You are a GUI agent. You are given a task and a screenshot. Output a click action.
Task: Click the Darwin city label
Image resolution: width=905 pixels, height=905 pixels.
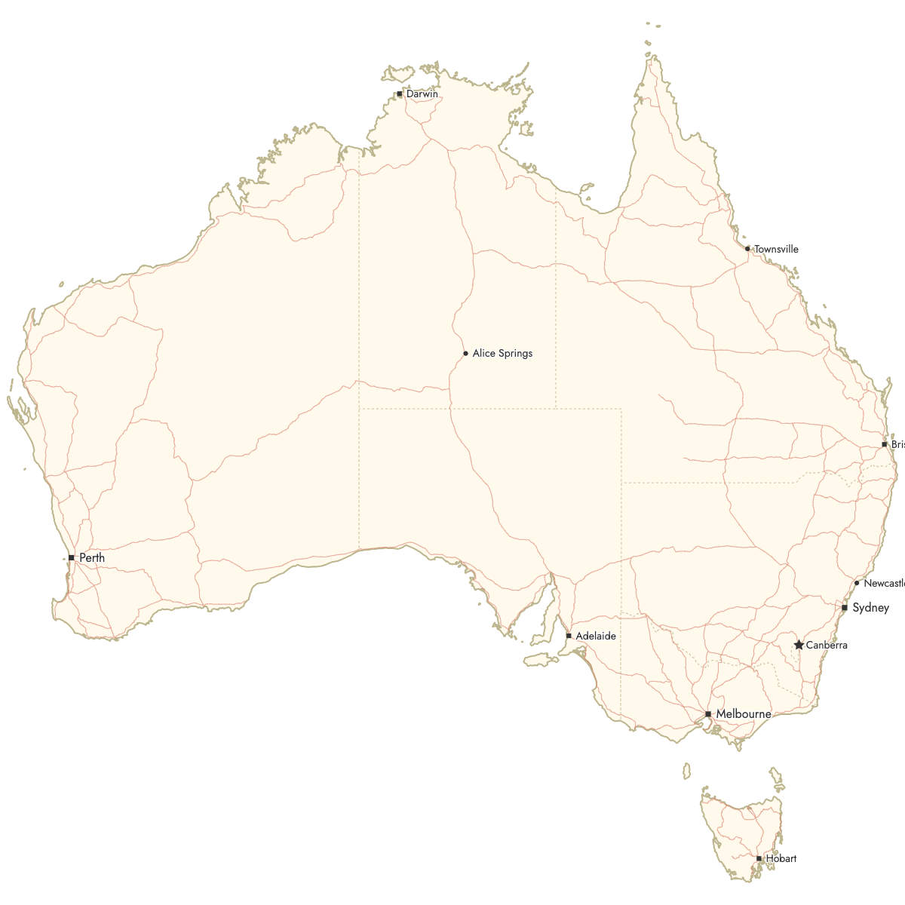tap(422, 94)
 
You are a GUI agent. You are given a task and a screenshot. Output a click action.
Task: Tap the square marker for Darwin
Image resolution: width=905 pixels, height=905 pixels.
tap(399, 94)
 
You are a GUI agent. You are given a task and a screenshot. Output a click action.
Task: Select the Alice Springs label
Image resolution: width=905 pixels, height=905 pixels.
tap(502, 353)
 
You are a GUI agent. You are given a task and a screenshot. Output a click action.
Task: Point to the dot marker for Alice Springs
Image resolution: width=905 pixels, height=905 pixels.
tap(465, 353)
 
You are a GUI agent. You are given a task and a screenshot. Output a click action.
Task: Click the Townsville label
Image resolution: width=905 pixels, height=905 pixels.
tap(776, 249)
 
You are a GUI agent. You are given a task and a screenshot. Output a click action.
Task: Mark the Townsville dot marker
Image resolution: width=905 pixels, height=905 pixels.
tap(747, 249)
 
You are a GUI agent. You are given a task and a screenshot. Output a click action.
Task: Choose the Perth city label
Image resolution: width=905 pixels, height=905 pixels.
tap(92, 557)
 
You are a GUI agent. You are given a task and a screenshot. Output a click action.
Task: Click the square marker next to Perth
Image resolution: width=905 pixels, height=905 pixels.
tap(71, 557)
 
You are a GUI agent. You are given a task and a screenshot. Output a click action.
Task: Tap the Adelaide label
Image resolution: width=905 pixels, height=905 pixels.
tap(596, 636)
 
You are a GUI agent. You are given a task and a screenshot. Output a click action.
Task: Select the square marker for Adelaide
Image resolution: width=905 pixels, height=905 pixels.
tap(569, 636)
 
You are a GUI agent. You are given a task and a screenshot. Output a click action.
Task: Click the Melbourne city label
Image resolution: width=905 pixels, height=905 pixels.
tap(744, 713)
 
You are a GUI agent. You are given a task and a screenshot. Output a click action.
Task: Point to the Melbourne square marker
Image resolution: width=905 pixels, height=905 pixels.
tap(708, 713)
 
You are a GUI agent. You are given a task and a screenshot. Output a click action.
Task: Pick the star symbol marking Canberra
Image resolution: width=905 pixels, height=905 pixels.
tap(799, 645)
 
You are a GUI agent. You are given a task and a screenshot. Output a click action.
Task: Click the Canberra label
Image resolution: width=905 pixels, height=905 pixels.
tap(827, 645)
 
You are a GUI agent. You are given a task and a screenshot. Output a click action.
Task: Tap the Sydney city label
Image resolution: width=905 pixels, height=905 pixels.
tap(870, 607)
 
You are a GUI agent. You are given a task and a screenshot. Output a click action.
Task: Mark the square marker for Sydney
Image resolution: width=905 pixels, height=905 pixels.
tap(845, 607)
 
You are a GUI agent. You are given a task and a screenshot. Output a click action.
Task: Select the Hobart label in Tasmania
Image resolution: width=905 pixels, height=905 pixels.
tap(781, 858)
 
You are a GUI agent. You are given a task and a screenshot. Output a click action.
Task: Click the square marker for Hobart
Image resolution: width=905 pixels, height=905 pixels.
tap(759, 858)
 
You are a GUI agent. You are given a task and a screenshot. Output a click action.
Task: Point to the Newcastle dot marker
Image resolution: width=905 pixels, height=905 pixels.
tap(857, 583)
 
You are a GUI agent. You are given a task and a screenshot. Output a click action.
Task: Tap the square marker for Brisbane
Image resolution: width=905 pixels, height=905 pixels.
tap(885, 444)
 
